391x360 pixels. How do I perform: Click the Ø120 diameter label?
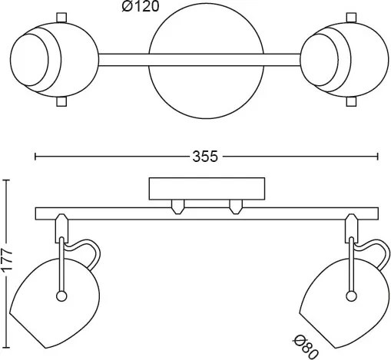141,6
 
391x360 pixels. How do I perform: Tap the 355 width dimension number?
205,157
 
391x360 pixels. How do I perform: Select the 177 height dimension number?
7,260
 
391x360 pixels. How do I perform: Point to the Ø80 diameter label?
306,347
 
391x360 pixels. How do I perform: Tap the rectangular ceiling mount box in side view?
207,189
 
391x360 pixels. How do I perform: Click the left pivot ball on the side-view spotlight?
61,296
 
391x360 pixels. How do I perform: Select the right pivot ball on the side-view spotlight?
351,296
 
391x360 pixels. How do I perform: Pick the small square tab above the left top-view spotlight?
61,18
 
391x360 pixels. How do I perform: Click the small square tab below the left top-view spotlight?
61,101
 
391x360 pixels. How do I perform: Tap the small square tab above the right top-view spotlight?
351,18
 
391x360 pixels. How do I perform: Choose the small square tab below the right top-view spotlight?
351,101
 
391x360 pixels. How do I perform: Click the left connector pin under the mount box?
177,206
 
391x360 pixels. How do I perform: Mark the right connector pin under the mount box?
236,206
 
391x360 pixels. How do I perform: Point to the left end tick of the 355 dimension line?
35,157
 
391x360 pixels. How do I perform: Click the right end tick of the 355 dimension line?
378,157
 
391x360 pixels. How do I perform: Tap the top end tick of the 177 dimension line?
7,180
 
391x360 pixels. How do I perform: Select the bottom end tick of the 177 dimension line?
7,348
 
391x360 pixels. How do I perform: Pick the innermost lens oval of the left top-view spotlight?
29,60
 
